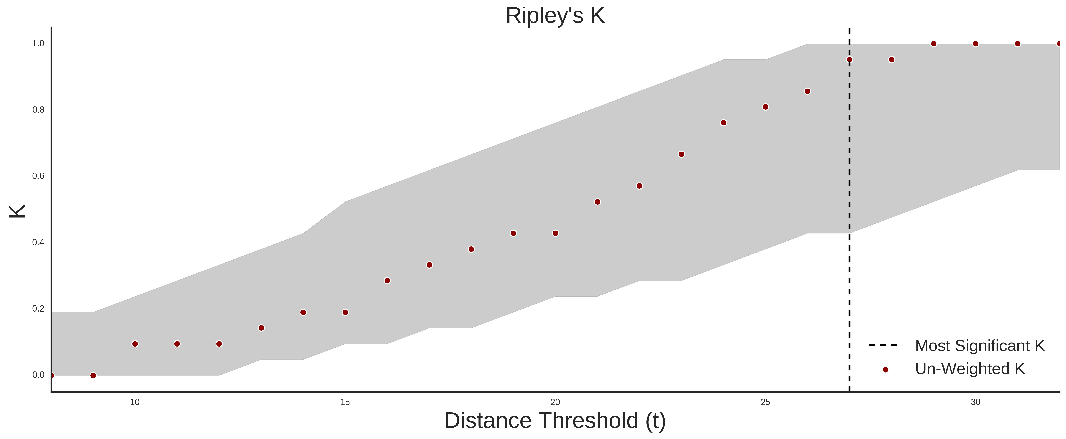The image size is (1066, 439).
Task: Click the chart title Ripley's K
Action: tap(555, 16)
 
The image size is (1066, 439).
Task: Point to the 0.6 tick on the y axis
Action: tap(38, 176)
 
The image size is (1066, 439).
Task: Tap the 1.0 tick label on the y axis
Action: tap(38, 43)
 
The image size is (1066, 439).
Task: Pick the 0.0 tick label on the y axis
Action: tap(38, 375)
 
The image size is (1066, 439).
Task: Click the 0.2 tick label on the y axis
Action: tap(38, 309)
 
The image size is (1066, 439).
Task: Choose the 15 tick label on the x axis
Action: tap(345, 402)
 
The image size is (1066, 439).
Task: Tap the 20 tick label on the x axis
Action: tap(555, 402)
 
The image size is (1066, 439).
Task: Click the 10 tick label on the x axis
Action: tap(135, 402)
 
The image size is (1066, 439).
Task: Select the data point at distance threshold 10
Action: tap(135, 344)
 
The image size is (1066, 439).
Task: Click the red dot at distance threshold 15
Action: tap(345, 312)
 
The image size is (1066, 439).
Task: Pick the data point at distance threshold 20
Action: tap(555, 233)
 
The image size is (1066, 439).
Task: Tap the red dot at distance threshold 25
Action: tap(766, 107)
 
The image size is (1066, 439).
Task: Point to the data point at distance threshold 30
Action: tap(975, 44)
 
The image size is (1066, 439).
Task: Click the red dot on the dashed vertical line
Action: tap(850, 60)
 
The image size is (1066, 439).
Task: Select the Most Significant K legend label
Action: tap(979, 346)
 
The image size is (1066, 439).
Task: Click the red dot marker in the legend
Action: tap(885, 370)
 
